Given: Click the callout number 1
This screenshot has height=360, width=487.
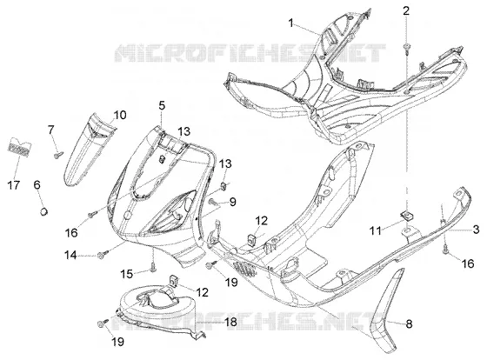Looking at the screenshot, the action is click(x=290, y=23).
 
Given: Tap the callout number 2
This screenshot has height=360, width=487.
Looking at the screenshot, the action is click(x=406, y=11).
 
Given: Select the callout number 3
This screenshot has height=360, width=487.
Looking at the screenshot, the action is click(x=476, y=230).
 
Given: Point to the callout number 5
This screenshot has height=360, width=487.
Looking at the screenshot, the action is click(x=162, y=105).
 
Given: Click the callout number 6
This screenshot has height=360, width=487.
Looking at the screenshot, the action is click(x=37, y=185).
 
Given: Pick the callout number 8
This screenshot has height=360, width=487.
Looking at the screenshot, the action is click(x=409, y=324).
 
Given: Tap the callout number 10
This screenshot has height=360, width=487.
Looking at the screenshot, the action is click(x=120, y=116).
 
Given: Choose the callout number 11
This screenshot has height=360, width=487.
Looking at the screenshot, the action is click(x=375, y=230).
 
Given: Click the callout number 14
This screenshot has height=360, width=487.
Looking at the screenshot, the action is click(x=70, y=256).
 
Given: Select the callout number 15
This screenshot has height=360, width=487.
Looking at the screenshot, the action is click(x=127, y=274).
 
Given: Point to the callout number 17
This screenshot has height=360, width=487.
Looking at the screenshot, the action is click(x=13, y=185).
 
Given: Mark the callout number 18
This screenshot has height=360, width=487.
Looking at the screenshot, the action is click(x=230, y=322).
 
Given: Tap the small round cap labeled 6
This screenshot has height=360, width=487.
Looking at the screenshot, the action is click(x=43, y=212).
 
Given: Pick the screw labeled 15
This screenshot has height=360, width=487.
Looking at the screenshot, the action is click(x=153, y=266).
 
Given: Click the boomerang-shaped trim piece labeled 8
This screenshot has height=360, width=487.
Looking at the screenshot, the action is click(x=386, y=314).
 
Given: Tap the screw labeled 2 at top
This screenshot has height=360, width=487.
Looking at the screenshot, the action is click(x=406, y=48).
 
